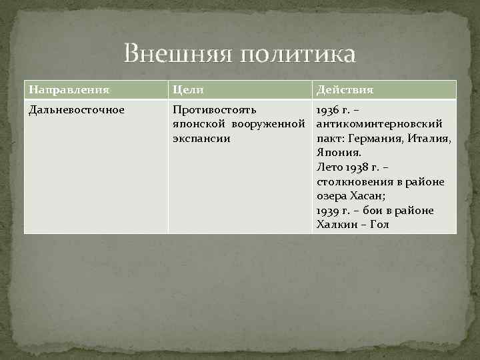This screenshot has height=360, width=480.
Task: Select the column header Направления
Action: click(x=69, y=89)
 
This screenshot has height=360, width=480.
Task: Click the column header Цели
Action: click(x=187, y=89)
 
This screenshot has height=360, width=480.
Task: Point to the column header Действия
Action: click(x=345, y=89)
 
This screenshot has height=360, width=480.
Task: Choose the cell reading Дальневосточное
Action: click(x=76, y=109)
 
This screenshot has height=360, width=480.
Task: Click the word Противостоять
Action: click(x=213, y=109)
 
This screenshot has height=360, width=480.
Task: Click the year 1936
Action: click(x=327, y=109)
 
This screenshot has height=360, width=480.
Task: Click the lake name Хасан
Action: click(x=363, y=196)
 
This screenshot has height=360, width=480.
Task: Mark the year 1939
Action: click(x=327, y=211)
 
